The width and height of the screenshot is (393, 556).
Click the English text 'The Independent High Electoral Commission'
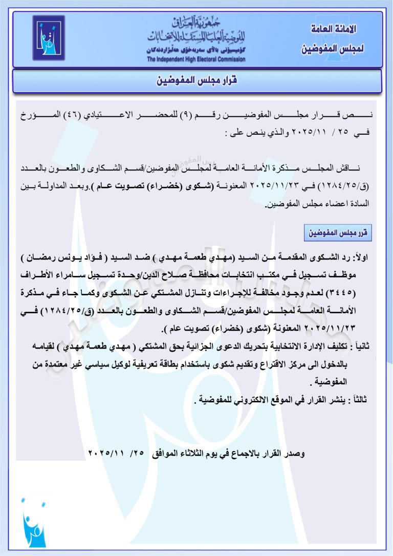[196, 59]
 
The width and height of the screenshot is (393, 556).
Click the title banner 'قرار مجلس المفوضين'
[197, 81]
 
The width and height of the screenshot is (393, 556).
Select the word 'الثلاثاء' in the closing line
[196, 454]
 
